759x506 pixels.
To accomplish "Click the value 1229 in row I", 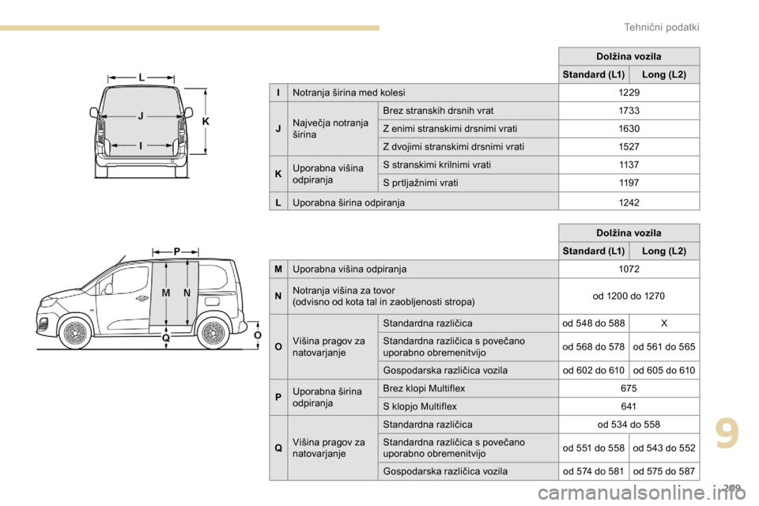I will pyautogui.click(x=629, y=93).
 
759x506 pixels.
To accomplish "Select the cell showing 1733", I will pyautogui.click(x=629, y=111).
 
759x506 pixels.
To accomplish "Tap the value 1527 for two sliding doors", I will pyautogui.click(x=629, y=147).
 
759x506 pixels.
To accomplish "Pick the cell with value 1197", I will pyautogui.click(x=629, y=183).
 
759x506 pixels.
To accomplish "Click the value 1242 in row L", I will pyautogui.click(x=629, y=202).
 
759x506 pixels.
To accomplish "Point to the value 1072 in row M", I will pyautogui.click(x=629, y=270).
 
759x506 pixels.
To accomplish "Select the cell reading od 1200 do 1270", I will pyautogui.click(x=629, y=296).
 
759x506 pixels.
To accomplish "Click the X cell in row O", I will pyautogui.click(x=664, y=323).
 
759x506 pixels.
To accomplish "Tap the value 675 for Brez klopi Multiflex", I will pyautogui.click(x=629, y=389).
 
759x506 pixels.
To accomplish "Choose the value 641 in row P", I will pyautogui.click(x=629, y=407).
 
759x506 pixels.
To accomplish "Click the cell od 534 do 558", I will pyautogui.click(x=629, y=425).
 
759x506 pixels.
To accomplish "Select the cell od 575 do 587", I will pyautogui.click(x=664, y=471).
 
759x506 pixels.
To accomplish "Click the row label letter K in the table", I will pyautogui.click(x=278, y=174).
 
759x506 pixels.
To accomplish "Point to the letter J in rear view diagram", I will pyautogui.click(x=140, y=116).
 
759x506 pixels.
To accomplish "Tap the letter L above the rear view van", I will pyautogui.click(x=141, y=77).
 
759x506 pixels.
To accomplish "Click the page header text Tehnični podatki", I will pyautogui.click(x=662, y=27).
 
